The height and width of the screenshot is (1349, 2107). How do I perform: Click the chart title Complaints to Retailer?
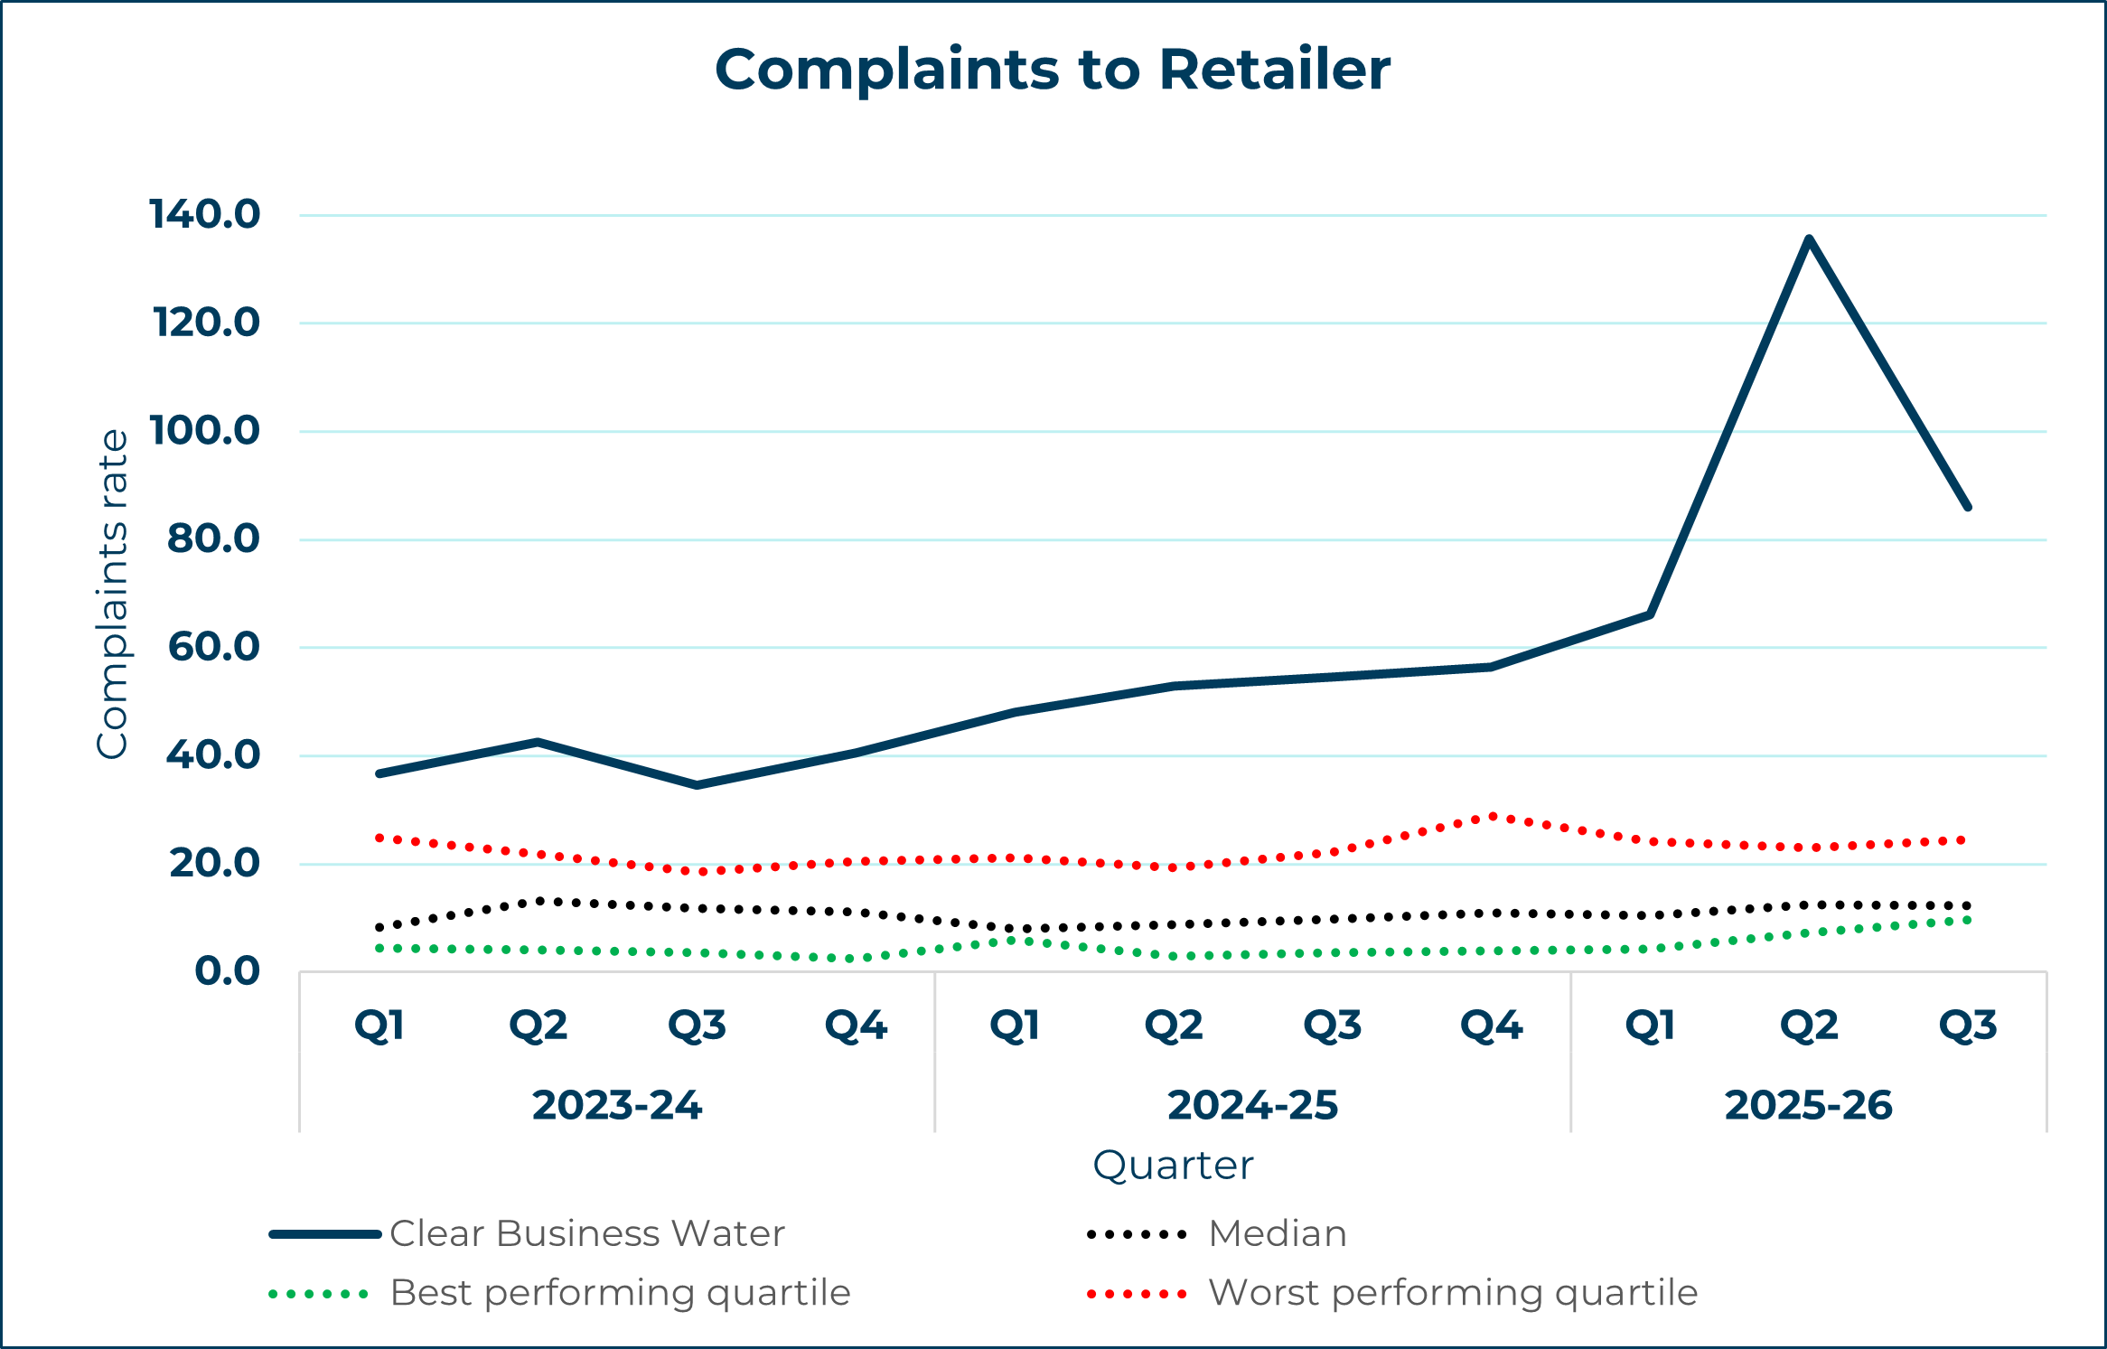[1053, 70]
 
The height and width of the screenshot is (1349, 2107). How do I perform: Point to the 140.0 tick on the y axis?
[204, 215]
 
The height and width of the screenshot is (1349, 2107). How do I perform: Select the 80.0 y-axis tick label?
[213, 539]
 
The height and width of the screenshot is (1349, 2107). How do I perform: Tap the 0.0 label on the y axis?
[227, 971]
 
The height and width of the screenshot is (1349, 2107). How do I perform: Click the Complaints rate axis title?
[113, 594]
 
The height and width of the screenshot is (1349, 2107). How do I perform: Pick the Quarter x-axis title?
[1173, 1166]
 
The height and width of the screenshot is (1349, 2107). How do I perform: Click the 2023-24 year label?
[617, 1105]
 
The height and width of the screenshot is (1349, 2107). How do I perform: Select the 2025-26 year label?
[1808, 1105]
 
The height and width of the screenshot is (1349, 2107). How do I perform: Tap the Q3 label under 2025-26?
[1968, 1026]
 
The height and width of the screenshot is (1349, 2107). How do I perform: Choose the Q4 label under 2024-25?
[1492, 1026]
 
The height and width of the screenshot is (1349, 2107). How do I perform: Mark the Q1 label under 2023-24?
[379, 1026]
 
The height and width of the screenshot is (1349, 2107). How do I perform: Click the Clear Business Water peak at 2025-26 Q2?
[1809, 239]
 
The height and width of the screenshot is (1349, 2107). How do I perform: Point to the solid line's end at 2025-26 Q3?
[1968, 507]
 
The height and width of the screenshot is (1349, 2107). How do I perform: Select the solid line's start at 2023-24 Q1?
[379, 773]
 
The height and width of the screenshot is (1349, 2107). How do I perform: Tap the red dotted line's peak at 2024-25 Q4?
[1493, 817]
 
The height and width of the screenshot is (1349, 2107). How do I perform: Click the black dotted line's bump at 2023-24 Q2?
[539, 901]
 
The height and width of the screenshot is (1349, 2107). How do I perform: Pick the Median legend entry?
[1277, 1233]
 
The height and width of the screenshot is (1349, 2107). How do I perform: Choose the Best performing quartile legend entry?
[620, 1293]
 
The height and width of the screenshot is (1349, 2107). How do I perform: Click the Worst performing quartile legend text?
[1453, 1293]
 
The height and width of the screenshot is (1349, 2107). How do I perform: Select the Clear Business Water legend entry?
[586, 1233]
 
